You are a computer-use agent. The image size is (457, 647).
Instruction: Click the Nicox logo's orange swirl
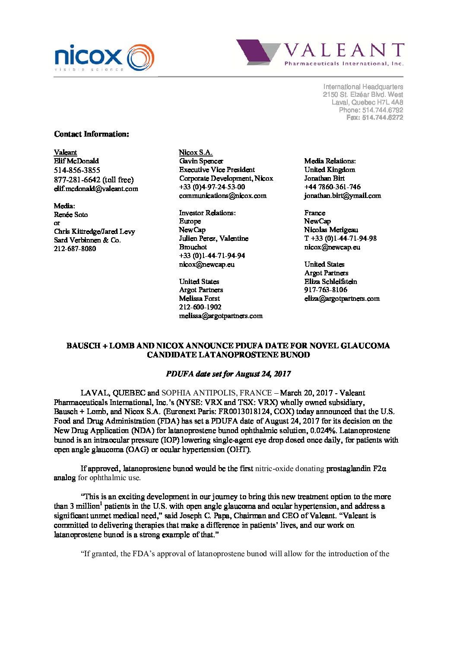pos(141,57)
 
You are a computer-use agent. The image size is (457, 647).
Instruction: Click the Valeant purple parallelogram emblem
pos(255,52)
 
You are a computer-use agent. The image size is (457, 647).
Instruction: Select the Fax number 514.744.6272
pos(374,118)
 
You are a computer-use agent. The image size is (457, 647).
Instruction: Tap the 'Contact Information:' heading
pos(92,134)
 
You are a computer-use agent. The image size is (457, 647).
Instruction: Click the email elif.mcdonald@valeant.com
pos(96,188)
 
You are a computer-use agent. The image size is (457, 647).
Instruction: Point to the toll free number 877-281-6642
pos(77,179)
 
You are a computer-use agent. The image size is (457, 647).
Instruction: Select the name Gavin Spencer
pos(201,161)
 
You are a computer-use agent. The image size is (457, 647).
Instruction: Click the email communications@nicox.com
pos(223,195)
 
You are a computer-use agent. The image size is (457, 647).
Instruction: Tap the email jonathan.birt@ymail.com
pos(343,195)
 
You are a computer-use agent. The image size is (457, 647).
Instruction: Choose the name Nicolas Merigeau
pos(331,229)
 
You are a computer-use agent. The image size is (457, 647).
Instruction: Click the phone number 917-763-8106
pos(326,290)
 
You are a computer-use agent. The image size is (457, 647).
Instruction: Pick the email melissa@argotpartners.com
pos(221,316)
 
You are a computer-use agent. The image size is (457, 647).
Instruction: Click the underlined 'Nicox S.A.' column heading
pos(196,152)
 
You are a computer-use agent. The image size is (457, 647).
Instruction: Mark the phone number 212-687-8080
pos(75,249)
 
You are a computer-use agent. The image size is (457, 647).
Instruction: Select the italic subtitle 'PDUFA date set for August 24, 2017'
pos(228,374)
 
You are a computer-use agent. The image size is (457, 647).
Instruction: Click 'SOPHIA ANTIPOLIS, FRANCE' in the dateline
pos(216,393)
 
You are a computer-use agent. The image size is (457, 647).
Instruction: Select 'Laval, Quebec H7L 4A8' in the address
pos(367,102)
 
